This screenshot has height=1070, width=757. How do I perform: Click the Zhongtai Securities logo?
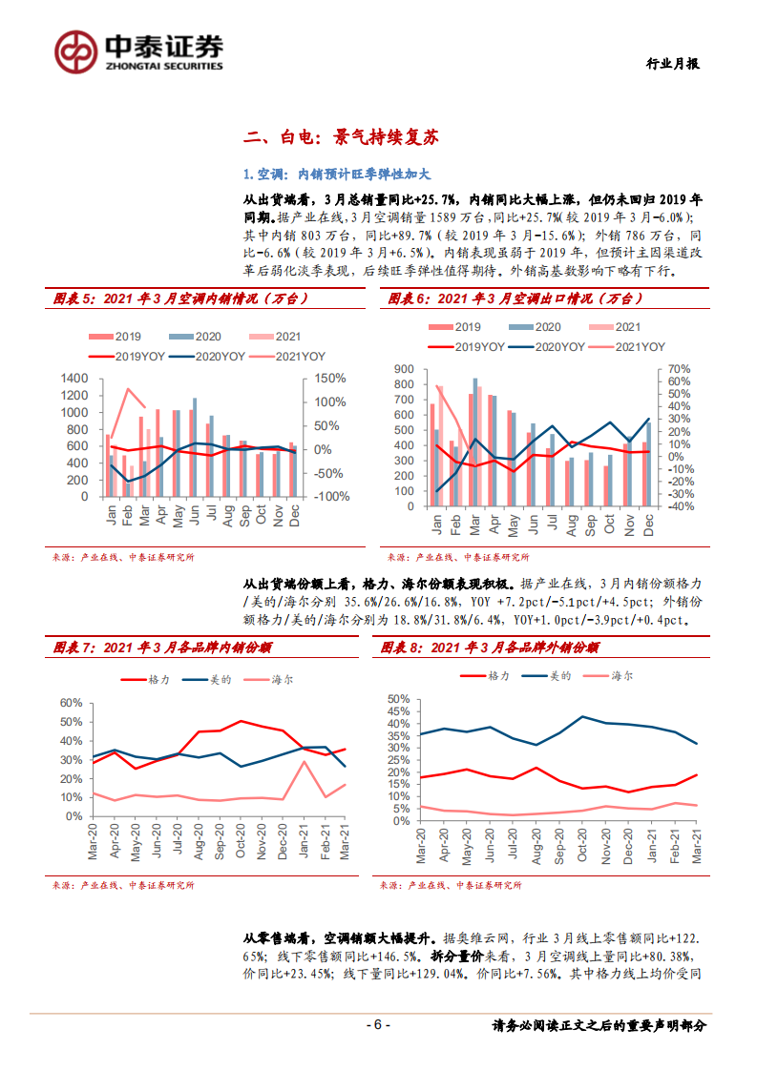click(x=139, y=51)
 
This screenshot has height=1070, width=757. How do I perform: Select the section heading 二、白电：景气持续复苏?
click(x=341, y=137)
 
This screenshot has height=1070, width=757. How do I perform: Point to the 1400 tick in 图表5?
click(x=74, y=379)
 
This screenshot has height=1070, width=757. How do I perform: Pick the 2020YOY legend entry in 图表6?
click(x=547, y=347)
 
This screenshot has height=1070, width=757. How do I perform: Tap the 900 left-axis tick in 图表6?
click(x=403, y=369)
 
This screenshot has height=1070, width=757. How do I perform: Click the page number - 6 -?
click(x=379, y=1025)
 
